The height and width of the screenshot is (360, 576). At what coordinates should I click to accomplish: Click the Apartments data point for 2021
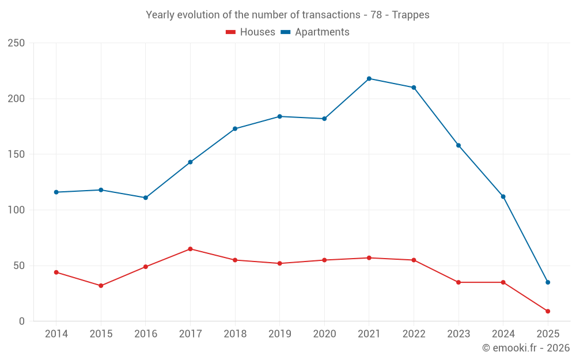point(369,78)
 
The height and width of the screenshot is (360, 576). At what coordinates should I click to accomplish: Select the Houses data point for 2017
point(190,249)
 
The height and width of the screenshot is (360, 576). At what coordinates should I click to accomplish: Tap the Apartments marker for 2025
point(548,282)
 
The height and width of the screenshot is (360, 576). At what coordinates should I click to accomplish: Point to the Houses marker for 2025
point(548,311)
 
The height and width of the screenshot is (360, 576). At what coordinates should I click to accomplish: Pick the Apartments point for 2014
point(56,192)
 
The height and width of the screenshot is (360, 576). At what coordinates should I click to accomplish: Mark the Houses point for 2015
point(101,286)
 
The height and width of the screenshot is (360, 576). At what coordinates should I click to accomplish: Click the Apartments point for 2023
point(458,145)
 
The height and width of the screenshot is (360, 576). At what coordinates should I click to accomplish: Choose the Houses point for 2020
point(324,260)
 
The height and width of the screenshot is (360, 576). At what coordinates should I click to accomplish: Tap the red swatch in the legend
point(230,32)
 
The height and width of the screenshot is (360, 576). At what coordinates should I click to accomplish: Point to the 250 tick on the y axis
point(16,43)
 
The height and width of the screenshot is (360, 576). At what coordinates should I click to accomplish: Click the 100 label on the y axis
point(16,210)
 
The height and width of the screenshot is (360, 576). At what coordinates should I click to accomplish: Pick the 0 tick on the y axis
point(21,321)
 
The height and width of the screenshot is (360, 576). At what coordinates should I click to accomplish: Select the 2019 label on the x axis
point(279,334)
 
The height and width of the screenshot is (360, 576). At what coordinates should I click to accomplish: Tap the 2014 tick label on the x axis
point(56,334)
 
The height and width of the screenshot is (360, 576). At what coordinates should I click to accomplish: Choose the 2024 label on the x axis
point(503,334)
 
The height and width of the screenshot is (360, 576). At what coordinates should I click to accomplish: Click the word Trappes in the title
point(411,15)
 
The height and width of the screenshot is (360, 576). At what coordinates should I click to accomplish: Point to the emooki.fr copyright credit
point(526,348)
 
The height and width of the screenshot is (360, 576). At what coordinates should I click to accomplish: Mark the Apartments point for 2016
point(145,198)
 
